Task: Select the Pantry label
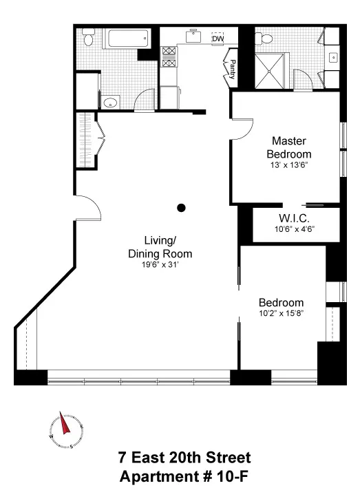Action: coord(233,70)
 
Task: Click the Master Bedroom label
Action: coord(288,147)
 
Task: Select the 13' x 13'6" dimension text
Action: coord(288,165)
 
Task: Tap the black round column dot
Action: coord(181,207)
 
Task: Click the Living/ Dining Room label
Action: coord(160,246)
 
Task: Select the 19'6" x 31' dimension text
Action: coord(160,264)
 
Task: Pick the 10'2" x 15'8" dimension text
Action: coord(281,313)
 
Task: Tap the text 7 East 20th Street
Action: coord(184,458)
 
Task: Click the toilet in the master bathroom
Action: coord(326,39)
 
